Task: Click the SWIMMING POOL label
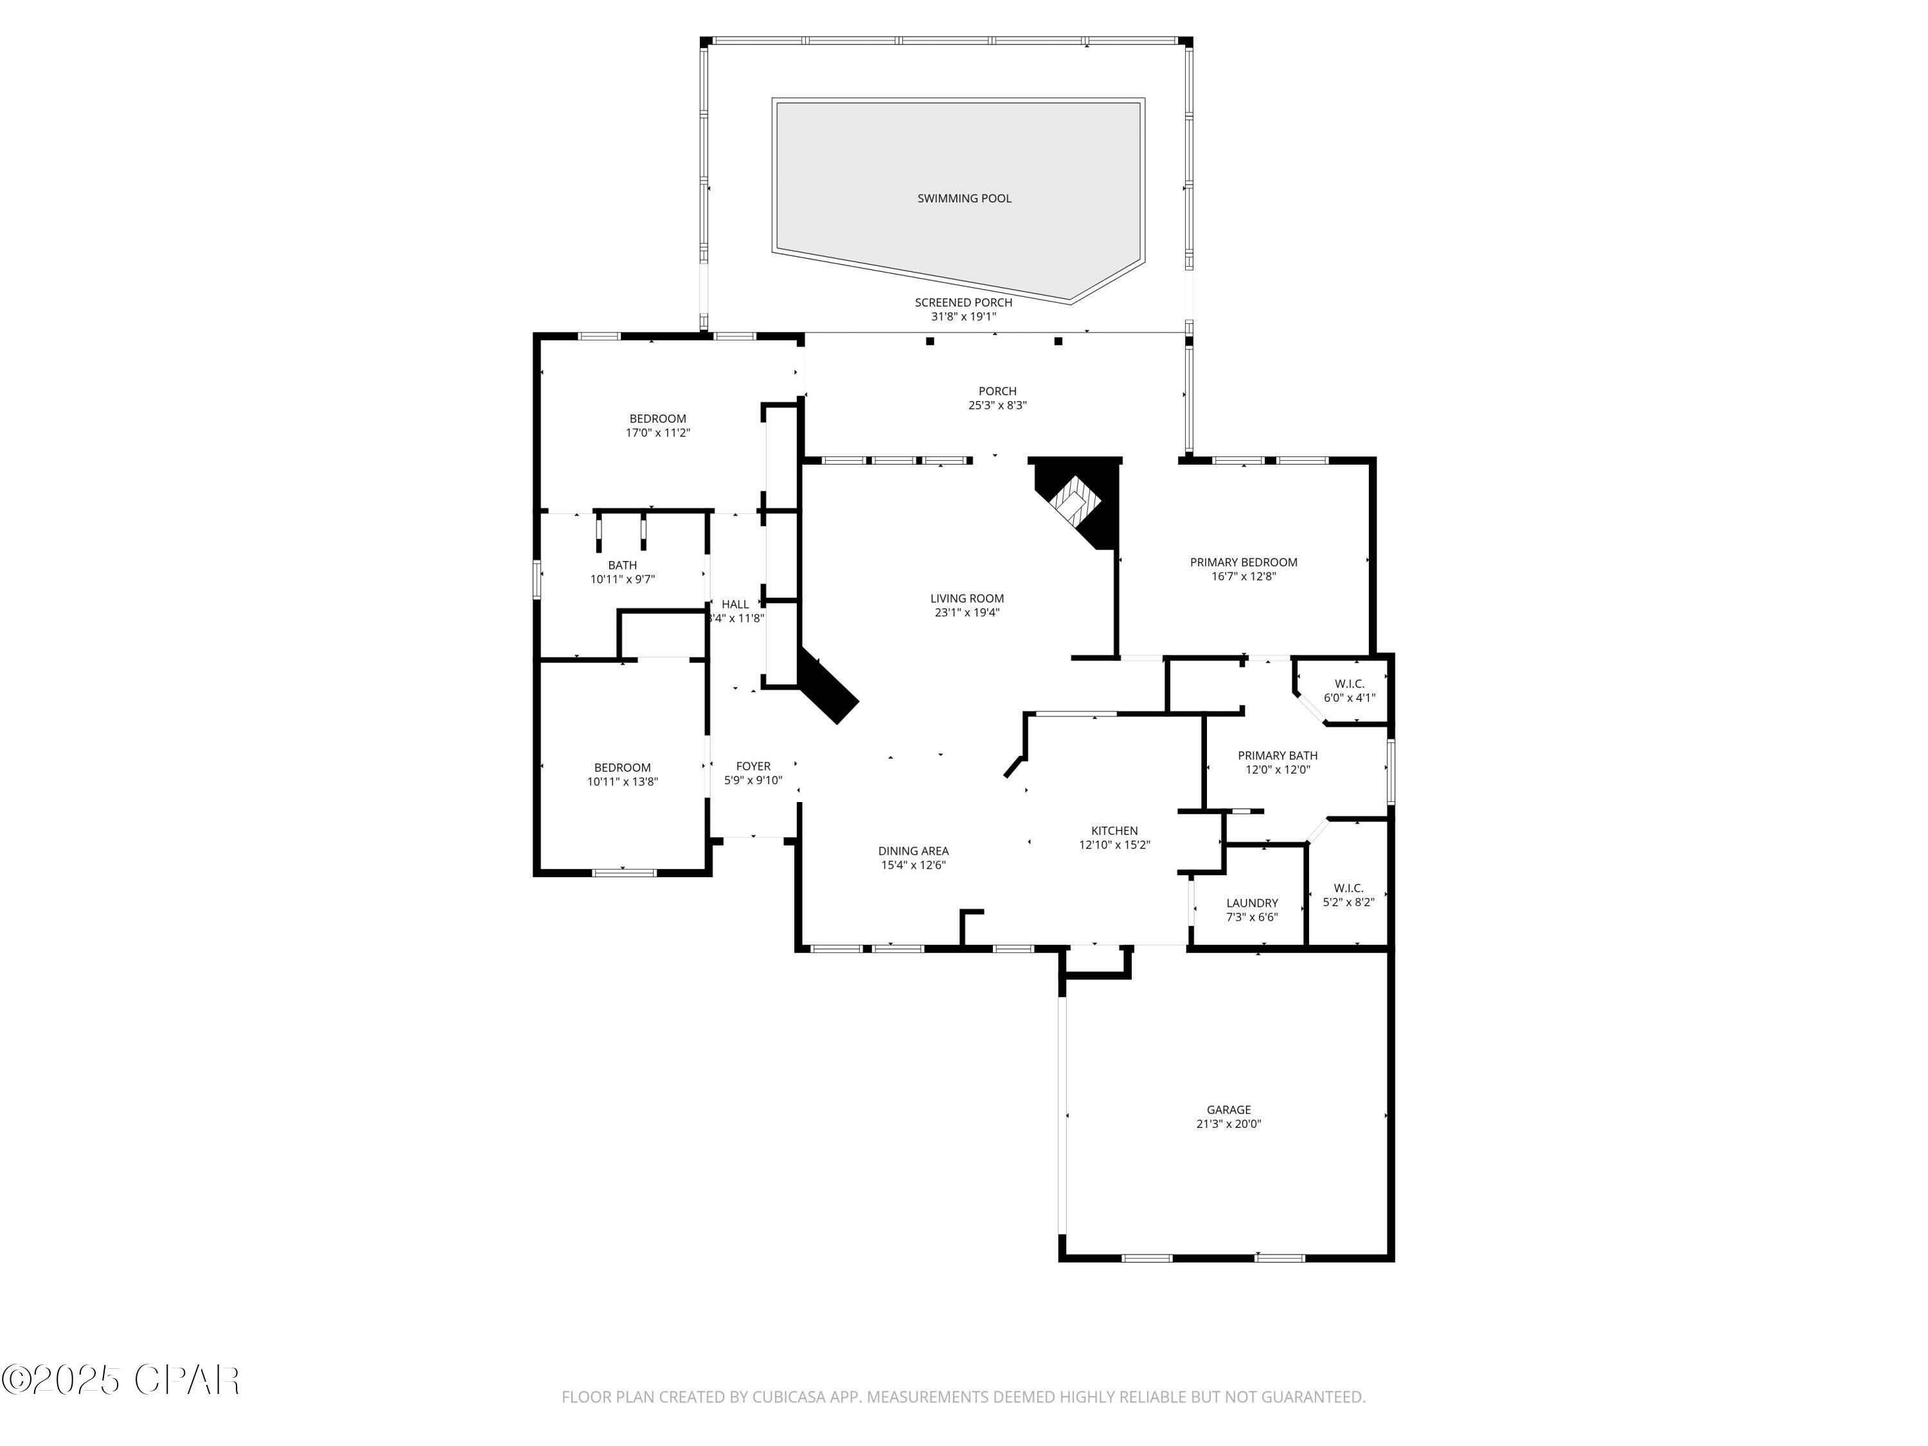tap(964, 199)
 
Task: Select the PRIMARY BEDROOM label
tap(1243, 562)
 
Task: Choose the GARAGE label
tap(1228, 1109)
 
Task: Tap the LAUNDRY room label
tap(1252, 903)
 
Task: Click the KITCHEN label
tap(1114, 830)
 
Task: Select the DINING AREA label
tap(913, 851)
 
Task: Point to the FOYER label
tap(753, 766)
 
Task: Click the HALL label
tap(735, 604)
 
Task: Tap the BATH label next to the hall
tap(622, 565)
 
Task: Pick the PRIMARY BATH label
tap(1277, 756)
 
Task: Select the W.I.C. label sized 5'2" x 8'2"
tap(1348, 888)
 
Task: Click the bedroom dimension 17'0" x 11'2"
tap(657, 433)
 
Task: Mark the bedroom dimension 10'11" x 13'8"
tap(622, 783)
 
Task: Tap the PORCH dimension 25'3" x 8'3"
tap(997, 406)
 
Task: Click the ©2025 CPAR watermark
tap(120, 1380)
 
